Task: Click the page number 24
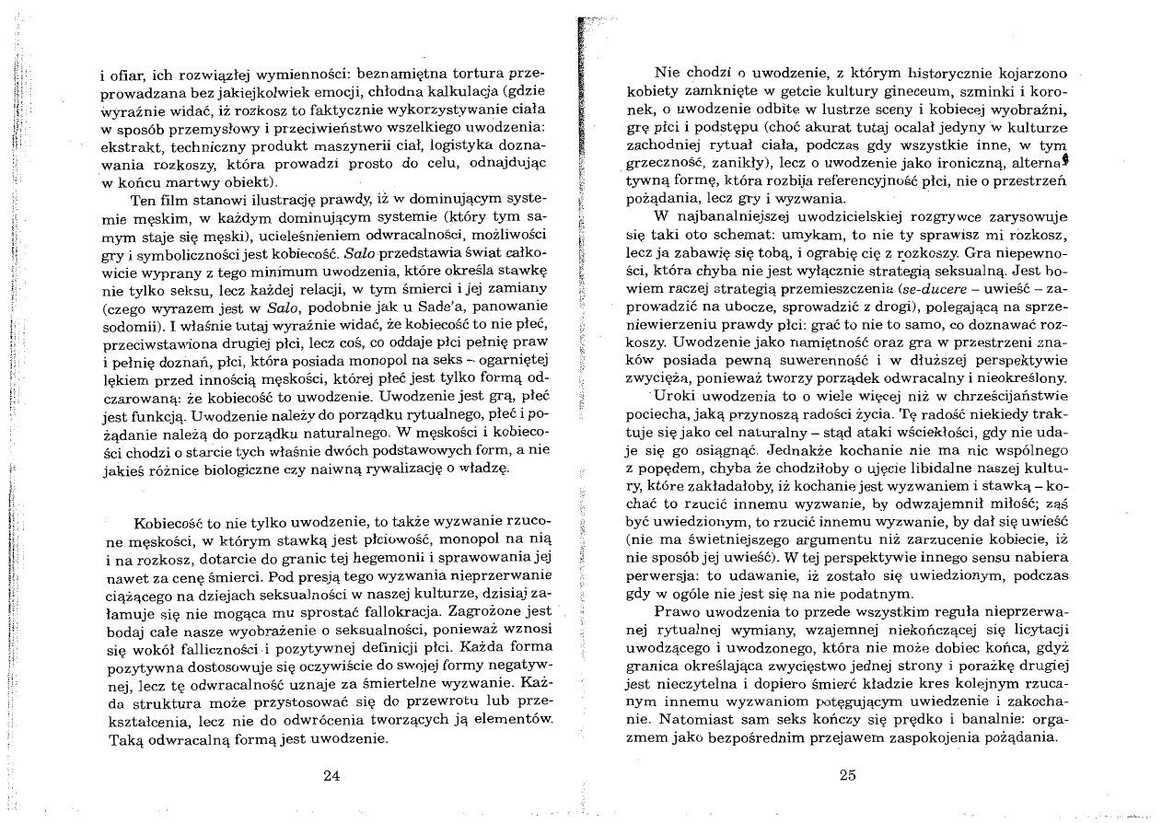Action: pos(333,774)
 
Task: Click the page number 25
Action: pos(849,774)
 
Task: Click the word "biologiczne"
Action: pos(250,469)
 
